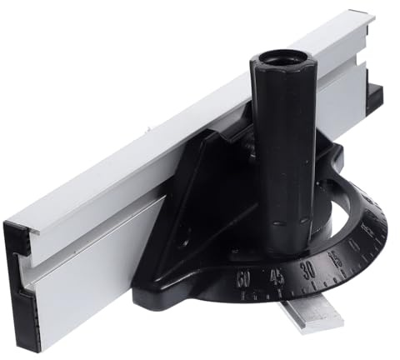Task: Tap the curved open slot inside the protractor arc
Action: pyautogui.click(x=333, y=208)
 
